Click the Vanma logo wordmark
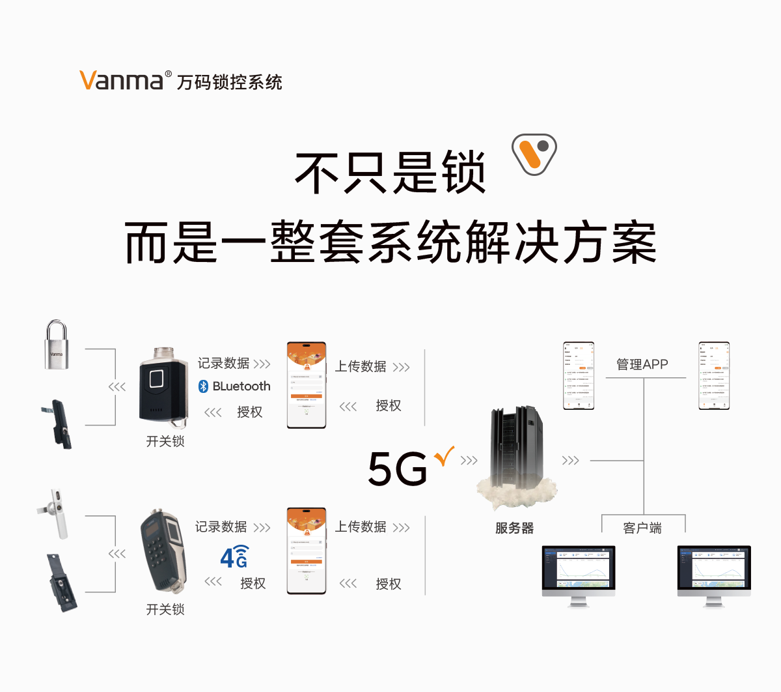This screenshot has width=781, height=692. tap(121, 80)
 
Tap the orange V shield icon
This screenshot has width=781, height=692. tap(534, 154)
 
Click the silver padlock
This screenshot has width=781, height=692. tap(57, 345)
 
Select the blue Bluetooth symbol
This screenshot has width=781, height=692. tap(203, 386)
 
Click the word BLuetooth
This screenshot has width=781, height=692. tap(241, 386)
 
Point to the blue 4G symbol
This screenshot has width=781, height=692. tap(234, 557)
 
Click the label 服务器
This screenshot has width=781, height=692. tap(514, 528)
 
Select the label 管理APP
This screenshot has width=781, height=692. tap(642, 364)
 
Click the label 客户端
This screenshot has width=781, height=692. tap(642, 528)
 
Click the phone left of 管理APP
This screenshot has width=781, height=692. tap(579, 376)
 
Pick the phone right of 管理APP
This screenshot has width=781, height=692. tap(714, 376)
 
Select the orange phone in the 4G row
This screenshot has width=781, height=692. tap(307, 551)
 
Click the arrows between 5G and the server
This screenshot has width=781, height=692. tap(469, 461)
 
